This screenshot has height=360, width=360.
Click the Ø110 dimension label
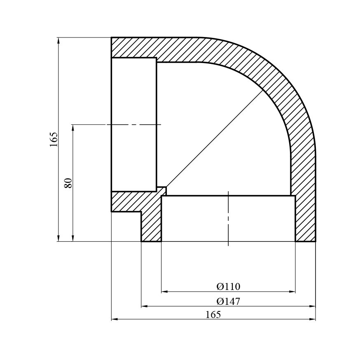point(228,286)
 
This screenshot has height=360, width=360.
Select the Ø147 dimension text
point(228,301)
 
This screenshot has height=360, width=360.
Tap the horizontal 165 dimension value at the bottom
point(213,314)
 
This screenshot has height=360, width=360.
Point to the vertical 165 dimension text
point(54,140)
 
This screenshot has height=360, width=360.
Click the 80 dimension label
point(68,183)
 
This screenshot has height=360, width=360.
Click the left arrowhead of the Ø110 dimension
point(164,292)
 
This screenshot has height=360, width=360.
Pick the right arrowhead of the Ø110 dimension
point(292,292)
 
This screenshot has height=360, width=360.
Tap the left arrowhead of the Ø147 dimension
point(144,306)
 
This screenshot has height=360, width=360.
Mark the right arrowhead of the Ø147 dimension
point(313,306)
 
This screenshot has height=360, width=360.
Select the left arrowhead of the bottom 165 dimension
point(115,319)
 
